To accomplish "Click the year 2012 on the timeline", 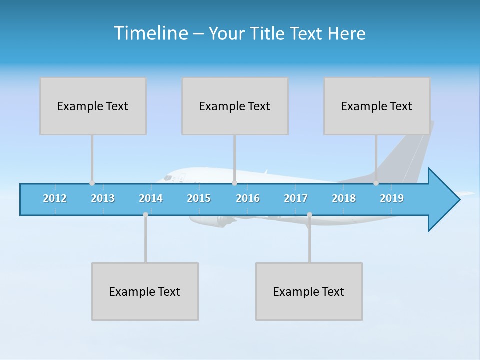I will (55, 198).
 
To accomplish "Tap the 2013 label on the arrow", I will (103, 198).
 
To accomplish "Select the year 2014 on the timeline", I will (151, 198).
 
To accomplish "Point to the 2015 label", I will (199, 198).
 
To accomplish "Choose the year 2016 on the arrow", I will (248, 198).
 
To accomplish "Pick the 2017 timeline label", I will (296, 198).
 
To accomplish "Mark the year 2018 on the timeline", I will (344, 198).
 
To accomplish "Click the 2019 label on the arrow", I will (392, 198).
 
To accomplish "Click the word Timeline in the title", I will (150, 33).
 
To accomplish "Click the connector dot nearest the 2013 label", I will (92, 183).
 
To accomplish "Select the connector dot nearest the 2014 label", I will (145, 215).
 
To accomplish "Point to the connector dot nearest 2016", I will (234, 183).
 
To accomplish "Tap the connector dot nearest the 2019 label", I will (376, 183).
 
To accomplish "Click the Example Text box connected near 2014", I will (145, 291).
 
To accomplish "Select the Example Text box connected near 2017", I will (309, 291).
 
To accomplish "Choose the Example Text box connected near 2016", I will (235, 106).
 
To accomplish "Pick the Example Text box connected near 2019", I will (377, 106).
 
